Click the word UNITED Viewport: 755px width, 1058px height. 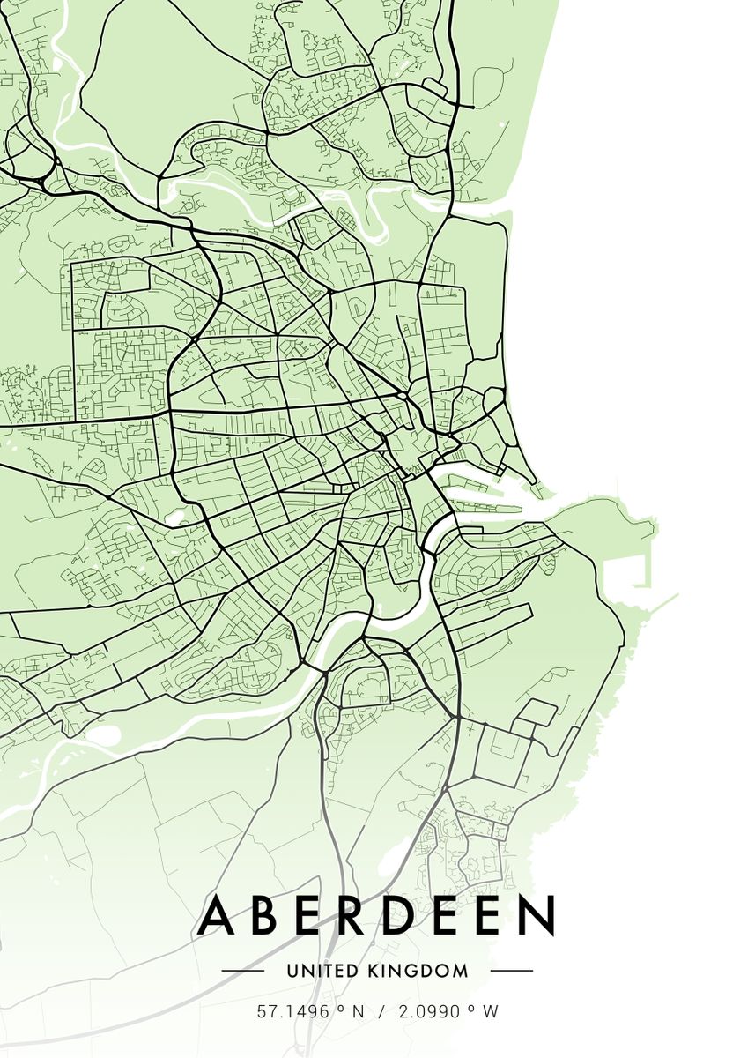click(322, 971)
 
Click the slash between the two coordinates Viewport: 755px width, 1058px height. click(381, 1011)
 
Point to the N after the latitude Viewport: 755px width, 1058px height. click(358, 1011)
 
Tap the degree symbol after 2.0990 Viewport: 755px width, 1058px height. click(472, 1007)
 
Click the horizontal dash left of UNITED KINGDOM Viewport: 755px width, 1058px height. click(242, 971)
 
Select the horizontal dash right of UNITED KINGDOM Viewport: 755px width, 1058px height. click(511, 971)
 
